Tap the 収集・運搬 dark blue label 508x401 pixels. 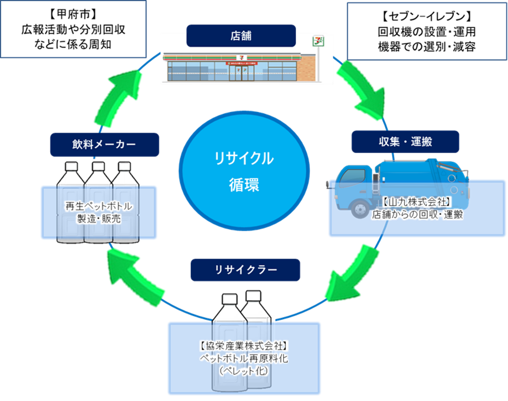[x=405, y=142]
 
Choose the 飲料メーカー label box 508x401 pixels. [x=104, y=145]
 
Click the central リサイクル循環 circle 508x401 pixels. [x=244, y=172]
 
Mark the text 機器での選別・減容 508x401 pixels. [x=427, y=47]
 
